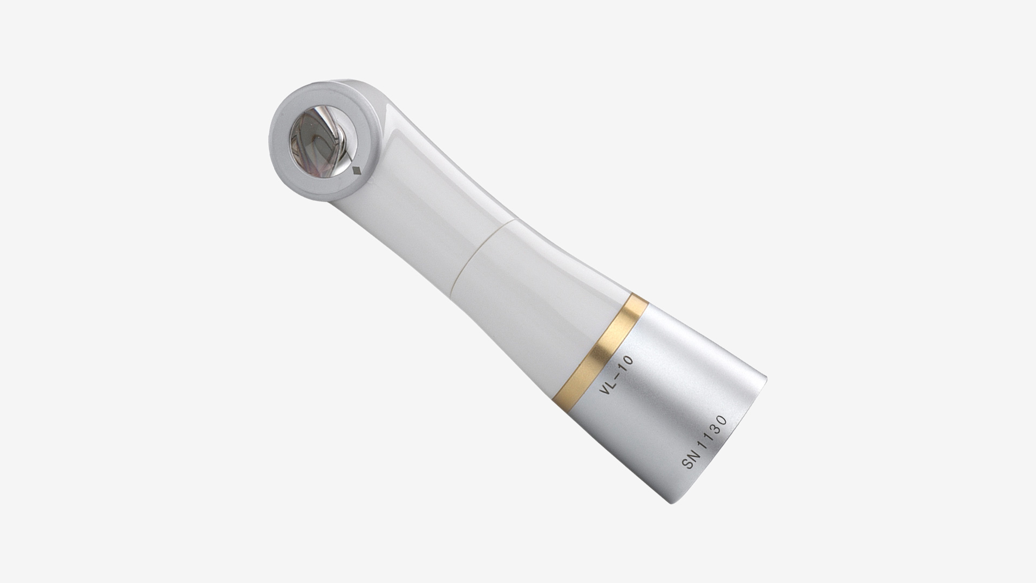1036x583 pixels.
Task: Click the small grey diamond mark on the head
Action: [x=356, y=172]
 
